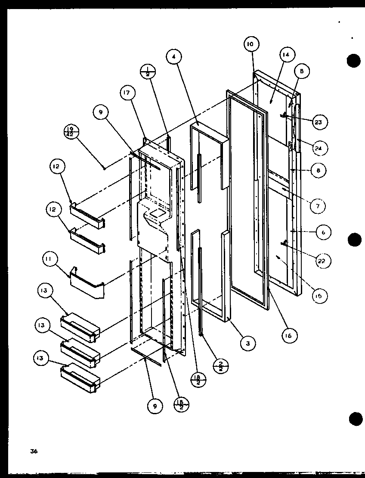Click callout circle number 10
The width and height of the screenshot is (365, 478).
[x=251, y=44]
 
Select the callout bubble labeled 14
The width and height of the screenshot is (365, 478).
[x=286, y=55]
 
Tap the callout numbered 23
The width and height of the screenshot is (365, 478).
[x=318, y=122]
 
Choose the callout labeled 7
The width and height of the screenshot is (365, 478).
[x=318, y=206]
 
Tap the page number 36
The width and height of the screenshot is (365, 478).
[x=34, y=452]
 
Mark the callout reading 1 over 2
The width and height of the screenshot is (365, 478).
[x=148, y=72]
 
